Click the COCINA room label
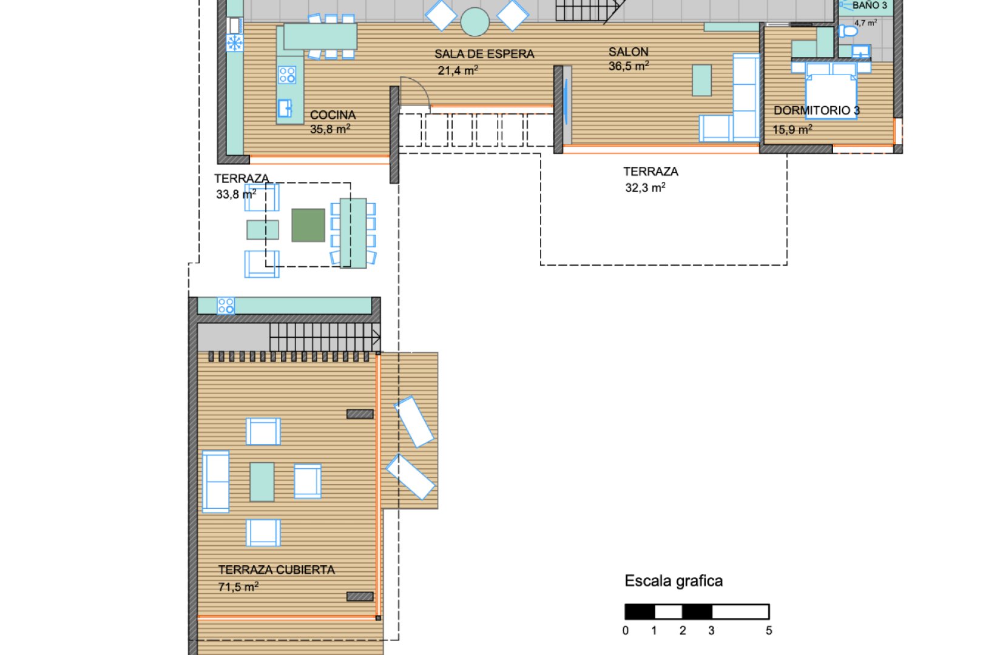coord(333,115)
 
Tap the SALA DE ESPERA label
coord(484,54)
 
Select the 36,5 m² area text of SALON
coord(629,66)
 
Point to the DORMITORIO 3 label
coord(816,110)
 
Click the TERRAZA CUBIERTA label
coord(277,570)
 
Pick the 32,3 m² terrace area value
coord(645,187)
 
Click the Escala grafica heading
coord(674,581)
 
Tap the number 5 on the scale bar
coord(768,630)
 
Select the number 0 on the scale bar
coord(626,630)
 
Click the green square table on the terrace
coord(308,225)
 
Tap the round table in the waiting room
coord(475,21)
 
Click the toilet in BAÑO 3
coord(848,31)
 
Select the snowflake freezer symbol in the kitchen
coord(234,43)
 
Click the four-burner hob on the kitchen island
coord(287,75)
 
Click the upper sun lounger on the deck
coord(414,422)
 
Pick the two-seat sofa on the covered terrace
coord(215,482)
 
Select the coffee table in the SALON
coord(701,80)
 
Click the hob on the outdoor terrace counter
coord(226,305)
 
